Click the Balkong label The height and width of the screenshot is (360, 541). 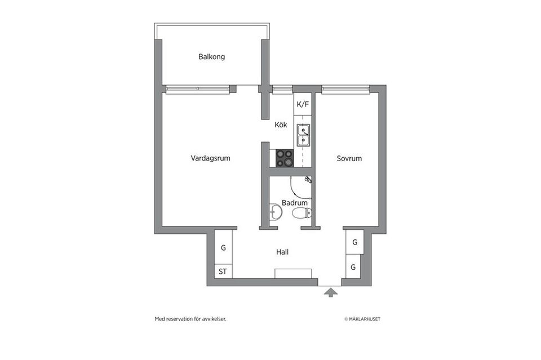point(211,57)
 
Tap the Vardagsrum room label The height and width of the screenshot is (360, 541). point(210,159)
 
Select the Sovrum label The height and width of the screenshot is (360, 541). point(349,159)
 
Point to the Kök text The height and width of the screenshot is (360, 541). point(281,125)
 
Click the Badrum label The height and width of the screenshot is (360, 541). point(294,203)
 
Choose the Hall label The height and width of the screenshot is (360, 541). point(282,252)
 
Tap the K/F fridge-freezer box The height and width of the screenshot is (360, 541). point(303,104)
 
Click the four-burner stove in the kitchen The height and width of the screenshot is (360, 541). point(285,158)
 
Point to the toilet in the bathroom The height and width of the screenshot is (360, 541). point(301,214)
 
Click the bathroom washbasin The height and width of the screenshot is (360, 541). point(276,212)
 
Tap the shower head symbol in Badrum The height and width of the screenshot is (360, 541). point(308,180)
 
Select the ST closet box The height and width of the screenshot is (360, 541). point(223,272)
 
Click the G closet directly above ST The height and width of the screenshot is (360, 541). point(223,248)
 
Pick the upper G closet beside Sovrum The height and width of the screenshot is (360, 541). point(354,242)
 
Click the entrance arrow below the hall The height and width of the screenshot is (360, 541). point(331,292)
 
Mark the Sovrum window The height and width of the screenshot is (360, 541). point(346,88)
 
